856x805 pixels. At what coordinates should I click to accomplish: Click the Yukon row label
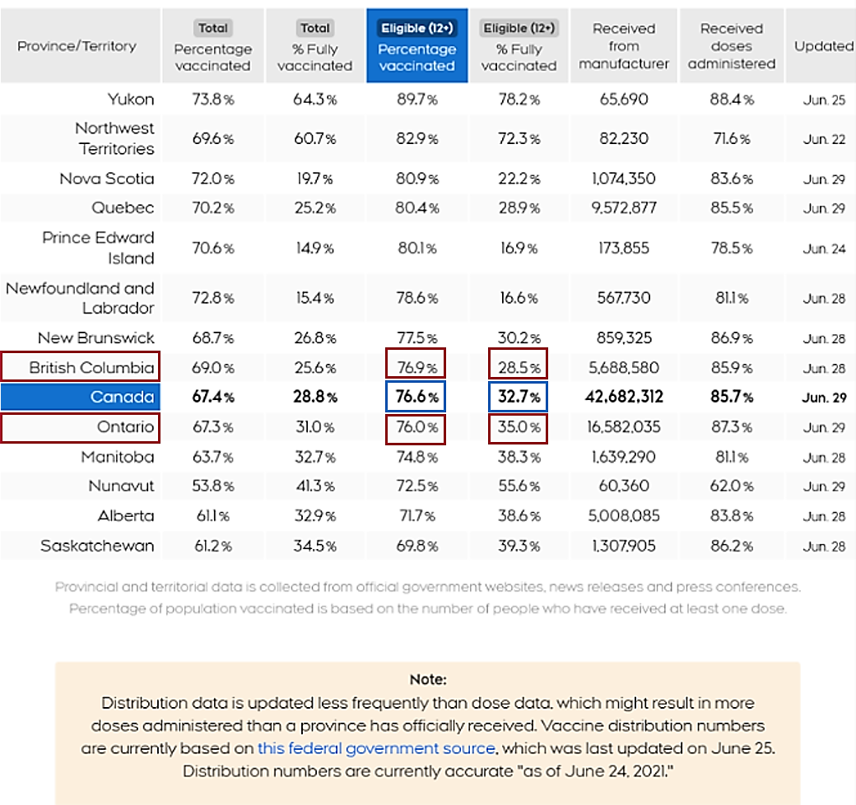pyautogui.click(x=130, y=100)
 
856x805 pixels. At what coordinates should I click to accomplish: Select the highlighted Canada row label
pyautogui.click(x=122, y=398)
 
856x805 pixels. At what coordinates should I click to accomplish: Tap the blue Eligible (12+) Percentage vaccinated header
pyautogui.click(x=416, y=47)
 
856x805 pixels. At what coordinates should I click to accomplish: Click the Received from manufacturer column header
pyautogui.click(x=623, y=47)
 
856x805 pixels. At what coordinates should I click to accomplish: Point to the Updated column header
pyautogui.click(x=823, y=47)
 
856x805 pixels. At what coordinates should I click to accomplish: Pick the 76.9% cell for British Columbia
pyautogui.click(x=416, y=368)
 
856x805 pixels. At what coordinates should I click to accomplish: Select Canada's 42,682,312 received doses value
pyautogui.click(x=624, y=398)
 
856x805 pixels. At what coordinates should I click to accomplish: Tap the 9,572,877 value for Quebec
pyautogui.click(x=624, y=208)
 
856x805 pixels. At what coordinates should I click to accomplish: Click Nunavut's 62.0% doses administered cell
pyautogui.click(x=732, y=486)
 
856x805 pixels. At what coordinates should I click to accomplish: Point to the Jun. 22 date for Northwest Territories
pyautogui.click(x=824, y=139)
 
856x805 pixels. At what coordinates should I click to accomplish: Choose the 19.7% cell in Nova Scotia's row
pyautogui.click(x=314, y=179)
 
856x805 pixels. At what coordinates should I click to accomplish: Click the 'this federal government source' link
pyautogui.click(x=376, y=749)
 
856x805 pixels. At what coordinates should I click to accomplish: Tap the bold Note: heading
pyautogui.click(x=427, y=680)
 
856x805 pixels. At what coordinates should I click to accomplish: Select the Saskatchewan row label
pyautogui.click(x=97, y=546)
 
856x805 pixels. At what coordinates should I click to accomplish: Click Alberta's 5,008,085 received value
pyautogui.click(x=624, y=516)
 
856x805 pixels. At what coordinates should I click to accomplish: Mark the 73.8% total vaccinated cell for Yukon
pyautogui.click(x=212, y=100)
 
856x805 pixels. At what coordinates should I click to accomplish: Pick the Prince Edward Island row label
pyautogui.click(x=98, y=248)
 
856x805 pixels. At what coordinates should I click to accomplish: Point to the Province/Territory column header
pyautogui.click(x=77, y=47)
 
